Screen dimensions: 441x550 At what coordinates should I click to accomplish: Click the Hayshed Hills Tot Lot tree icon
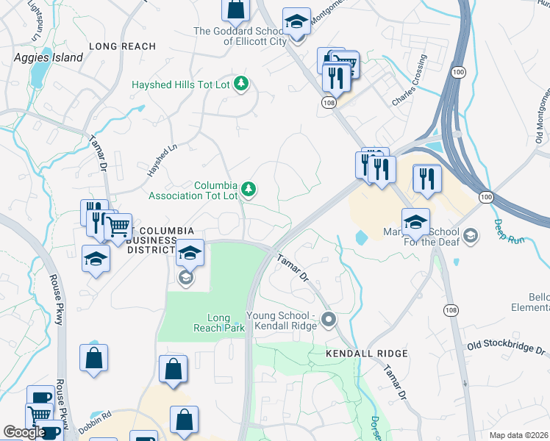point(240,85)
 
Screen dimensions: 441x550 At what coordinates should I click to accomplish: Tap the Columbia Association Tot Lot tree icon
point(249,190)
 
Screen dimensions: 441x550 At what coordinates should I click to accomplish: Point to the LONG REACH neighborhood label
point(122,46)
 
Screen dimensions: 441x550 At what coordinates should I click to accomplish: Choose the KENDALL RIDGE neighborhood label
point(362,354)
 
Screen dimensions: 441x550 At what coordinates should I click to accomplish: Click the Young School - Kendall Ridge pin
point(329,320)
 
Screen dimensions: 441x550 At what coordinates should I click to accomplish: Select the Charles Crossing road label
point(409,79)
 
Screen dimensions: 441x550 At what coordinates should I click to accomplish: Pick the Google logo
point(24,432)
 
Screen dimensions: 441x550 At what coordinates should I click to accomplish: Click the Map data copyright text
point(519,435)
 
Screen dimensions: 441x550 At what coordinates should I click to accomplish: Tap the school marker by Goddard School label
point(296,24)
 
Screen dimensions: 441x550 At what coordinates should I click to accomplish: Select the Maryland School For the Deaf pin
point(470,235)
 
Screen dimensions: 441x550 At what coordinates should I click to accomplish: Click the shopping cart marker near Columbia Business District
point(118,227)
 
